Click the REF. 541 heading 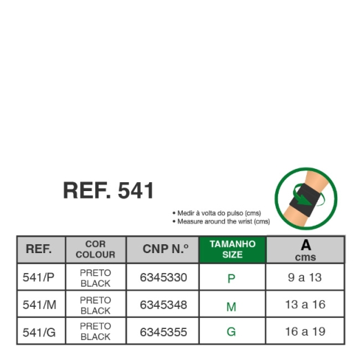pyautogui.click(x=108, y=190)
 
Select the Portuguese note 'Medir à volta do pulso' pyautogui.click(x=217, y=213)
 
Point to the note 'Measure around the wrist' pyautogui.click(x=221, y=221)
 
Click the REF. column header pyautogui.click(x=39, y=249)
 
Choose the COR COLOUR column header pyautogui.click(x=95, y=249)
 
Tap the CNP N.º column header pyautogui.click(x=166, y=249)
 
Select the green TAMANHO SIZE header pyautogui.click(x=232, y=250)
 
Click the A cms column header pyautogui.click(x=306, y=250)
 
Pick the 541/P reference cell pyautogui.click(x=39, y=277)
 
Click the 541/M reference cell pyautogui.click(x=39, y=305)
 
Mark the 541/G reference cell pyautogui.click(x=39, y=332)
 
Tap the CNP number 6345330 pyautogui.click(x=163, y=277)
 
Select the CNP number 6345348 pyautogui.click(x=163, y=305)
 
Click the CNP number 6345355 pyautogui.click(x=163, y=332)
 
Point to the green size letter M pyautogui.click(x=231, y=307)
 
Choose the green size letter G pyautogui.click(x=231, y=332)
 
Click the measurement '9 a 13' pyautogui.click(x=305, y=277)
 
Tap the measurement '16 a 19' pyautogui.click(x=306, y=332)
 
